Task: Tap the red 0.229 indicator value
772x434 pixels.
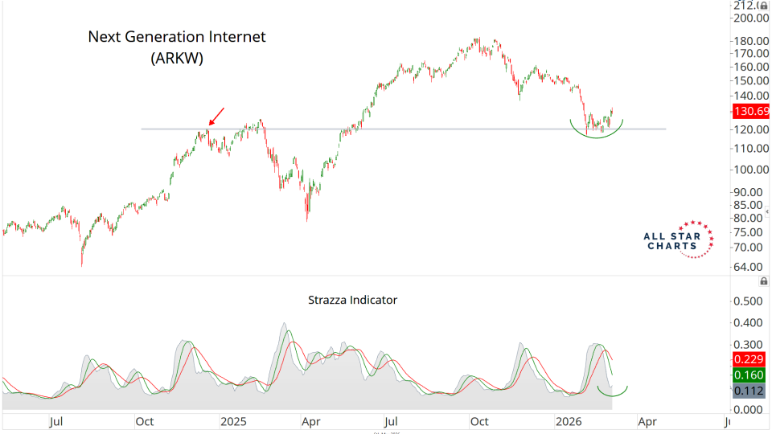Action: pyautogui.click(x=750, y=359)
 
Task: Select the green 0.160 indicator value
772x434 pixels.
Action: pyautogui.click(x=750, y=375)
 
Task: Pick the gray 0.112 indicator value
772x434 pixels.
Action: pyautogui.click(x=750, y=391)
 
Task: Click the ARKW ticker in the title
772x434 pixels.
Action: pyautogui.click(x=177, y=58)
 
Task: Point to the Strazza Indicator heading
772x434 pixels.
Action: pyautogui.click(x=353, y=300)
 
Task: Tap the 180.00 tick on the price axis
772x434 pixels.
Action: pyautogui.click(x=750, y=41)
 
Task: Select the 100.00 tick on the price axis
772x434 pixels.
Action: pyautogui.click(x=750, y=170)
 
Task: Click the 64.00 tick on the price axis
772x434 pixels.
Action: pyautogui.click(x=750, y=267)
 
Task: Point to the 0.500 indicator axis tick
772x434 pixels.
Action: pyautogui.click(x=750, y=301)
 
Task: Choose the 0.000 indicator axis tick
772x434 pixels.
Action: pyautogui.click(x=750, y=409)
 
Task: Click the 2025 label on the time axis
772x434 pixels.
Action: pyautogui.click(x=234, y=420)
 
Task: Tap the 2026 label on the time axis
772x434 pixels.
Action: pyautogui.click(x=569, y=420)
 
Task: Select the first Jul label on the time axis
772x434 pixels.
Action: pyautogui.click(x=56, y=420)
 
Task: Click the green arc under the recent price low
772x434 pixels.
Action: pyautogui.click(x=597, y=134)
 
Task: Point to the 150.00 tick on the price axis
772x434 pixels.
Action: pyautogui.click(x=750, y=80)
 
